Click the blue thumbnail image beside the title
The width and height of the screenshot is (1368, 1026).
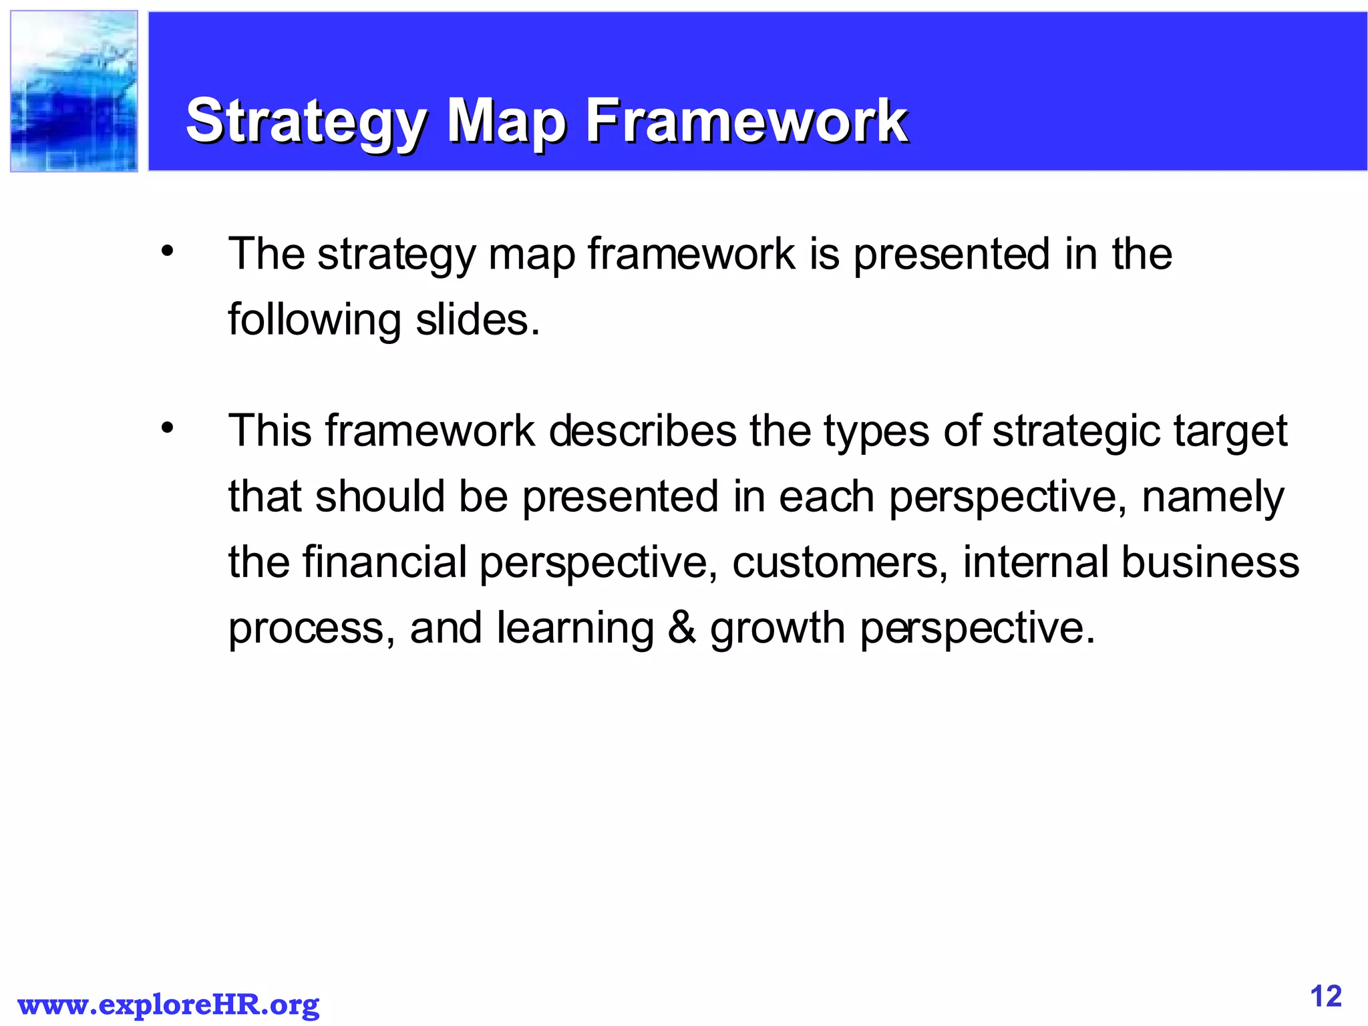[74, 92]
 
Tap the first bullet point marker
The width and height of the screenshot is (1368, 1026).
[167, 252]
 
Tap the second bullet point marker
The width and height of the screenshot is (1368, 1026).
[167, 427]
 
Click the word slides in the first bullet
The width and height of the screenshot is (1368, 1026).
[477, 319]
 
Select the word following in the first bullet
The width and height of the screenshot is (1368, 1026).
[315, 321]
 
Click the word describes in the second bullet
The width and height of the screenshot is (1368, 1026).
[643, 431]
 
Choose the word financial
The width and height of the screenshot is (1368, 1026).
[384, 562]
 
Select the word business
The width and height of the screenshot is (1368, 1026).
[1210, 562]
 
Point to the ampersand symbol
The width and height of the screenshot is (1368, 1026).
[681, 628]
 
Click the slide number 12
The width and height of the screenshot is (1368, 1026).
[1325, 996]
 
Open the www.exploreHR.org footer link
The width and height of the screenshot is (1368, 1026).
[168, 1005]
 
